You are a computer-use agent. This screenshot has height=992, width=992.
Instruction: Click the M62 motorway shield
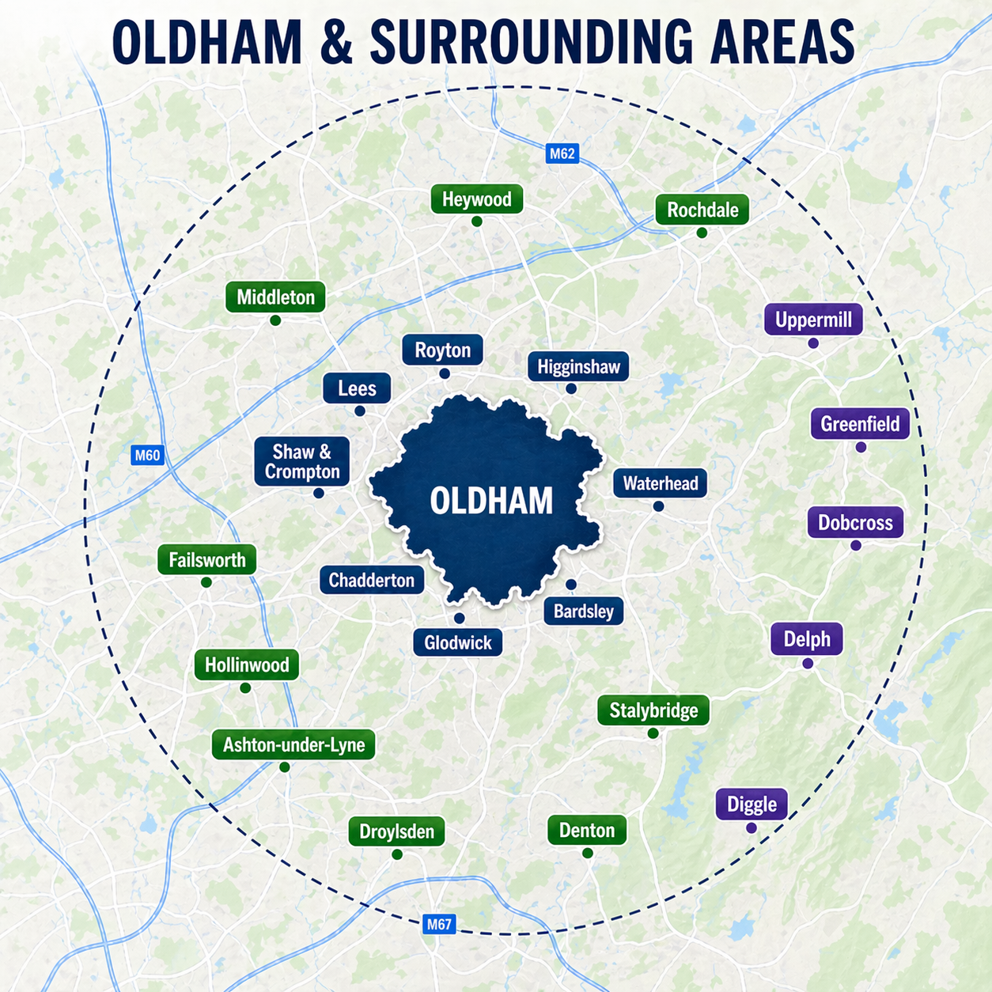tap(562, 153)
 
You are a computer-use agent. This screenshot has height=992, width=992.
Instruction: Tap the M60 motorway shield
tap(147, 455)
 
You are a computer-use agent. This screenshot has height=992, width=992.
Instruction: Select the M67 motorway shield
tap(439, 924)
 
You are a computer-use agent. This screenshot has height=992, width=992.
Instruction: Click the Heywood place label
tap(476, 199)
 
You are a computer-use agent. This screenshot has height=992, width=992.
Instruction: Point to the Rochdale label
tap(702, 210)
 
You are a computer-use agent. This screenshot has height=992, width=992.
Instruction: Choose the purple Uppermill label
tap(813, 320)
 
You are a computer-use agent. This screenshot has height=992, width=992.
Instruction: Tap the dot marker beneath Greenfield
tap(861, 448)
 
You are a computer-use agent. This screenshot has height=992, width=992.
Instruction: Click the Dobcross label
tap(855, 523)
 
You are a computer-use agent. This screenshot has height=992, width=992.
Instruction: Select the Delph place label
tap(807, 639)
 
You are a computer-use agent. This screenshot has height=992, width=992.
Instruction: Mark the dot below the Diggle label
tap(752, 828)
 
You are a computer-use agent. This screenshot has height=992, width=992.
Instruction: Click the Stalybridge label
tap(653, 710)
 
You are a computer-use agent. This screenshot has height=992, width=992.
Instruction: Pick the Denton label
tap(587, 831)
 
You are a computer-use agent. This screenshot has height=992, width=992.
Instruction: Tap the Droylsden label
tap(396, 832)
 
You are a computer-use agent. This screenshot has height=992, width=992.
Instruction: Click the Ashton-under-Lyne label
tap(293, 745)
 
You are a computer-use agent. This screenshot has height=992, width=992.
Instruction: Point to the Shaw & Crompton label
tap(301, 462)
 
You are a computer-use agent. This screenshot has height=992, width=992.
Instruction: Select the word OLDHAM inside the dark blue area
tap(491, 502)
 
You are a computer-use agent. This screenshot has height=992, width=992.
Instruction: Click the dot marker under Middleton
tap(275, 320)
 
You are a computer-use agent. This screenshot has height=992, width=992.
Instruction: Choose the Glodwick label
tap(457, 642)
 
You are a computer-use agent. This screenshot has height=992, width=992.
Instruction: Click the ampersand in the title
tap(336, 42)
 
